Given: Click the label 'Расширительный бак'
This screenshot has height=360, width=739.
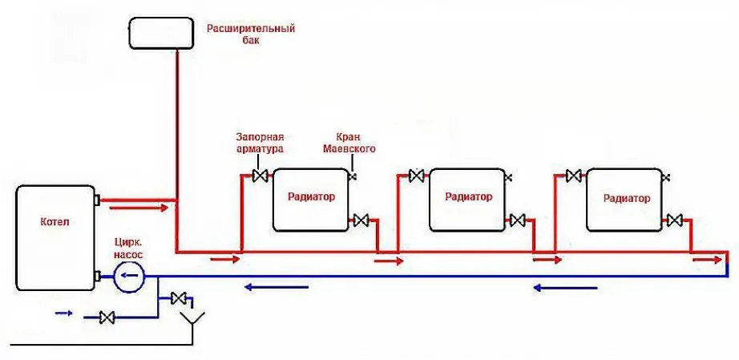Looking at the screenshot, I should (x=251, y=34).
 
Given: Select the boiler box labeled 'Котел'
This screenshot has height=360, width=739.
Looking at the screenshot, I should (x=54, y=238).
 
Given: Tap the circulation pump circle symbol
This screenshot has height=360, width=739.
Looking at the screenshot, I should (x=127, y=277).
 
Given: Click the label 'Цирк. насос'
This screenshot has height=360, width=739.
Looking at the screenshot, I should (x=127, y=248).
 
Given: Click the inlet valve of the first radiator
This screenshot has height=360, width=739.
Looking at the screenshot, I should (x=260, y=176).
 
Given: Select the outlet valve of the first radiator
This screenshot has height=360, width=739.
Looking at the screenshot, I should (x=361, y=220).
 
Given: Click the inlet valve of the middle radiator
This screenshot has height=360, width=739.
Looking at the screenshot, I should (x=416, y=176).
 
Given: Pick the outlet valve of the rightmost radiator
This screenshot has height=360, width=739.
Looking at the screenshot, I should (x=675, y=220).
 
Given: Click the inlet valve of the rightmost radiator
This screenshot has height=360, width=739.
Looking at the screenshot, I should (x=574, y=176).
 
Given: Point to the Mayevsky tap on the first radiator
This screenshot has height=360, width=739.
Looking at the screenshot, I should (x=352, y=176).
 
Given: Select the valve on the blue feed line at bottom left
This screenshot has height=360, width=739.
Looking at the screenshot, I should (x=106, y=318).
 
